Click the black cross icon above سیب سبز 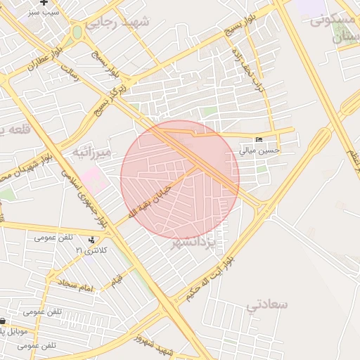(44, 3)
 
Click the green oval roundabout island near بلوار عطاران (77, 32)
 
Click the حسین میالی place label (259, 150)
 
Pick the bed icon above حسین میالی (259, 140)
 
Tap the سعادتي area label (268, 304)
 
